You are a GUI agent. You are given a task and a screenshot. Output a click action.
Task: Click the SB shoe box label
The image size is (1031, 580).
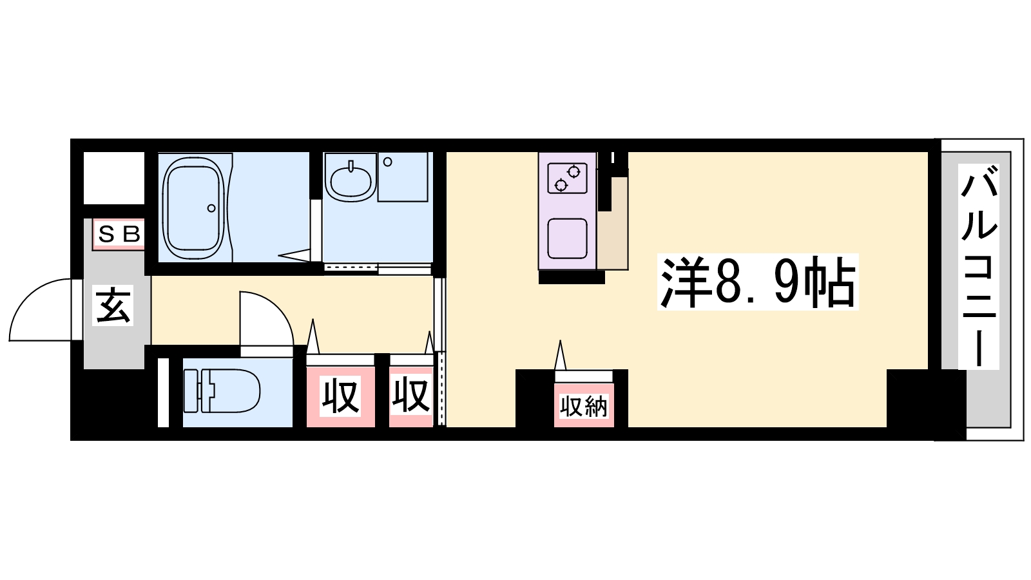pyautogui.click(x=119, y=235)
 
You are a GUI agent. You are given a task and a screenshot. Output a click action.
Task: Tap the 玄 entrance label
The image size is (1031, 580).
pyautogui.click(x=113, y=305)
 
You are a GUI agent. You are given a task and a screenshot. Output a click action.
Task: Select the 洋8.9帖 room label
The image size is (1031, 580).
pyautogui.click(x=758, y=282)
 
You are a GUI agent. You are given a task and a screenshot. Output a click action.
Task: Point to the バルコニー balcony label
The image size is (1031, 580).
pyautogui.click(x=979, y=267)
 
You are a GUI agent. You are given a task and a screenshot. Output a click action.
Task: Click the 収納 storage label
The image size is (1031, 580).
pyautogui.click(x=584, y=406)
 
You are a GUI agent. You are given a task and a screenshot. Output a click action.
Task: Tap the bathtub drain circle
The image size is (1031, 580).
pyautogui.click(x=211, y=208)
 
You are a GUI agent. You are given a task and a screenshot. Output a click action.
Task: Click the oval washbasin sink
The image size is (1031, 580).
pyautogui.click(x=351, y=181)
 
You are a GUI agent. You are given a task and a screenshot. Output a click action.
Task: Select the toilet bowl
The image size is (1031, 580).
pyautogui.click(x=230, y=391)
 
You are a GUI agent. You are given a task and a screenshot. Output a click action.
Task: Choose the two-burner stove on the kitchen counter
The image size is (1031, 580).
pyautogui.click(x=567, y=178)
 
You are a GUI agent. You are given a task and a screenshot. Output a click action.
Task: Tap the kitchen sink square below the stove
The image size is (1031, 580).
pyautogui.click(x=567, y=238)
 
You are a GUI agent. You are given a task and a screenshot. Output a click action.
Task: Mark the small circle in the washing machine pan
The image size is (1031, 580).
pyautogui.click(x=387, y=162)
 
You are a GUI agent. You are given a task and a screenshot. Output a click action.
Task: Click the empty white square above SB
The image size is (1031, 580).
pyautogui.click(x=114, y=178)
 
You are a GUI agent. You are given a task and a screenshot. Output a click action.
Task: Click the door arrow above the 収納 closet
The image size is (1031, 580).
pyautogui.click(x=560, y=355)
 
